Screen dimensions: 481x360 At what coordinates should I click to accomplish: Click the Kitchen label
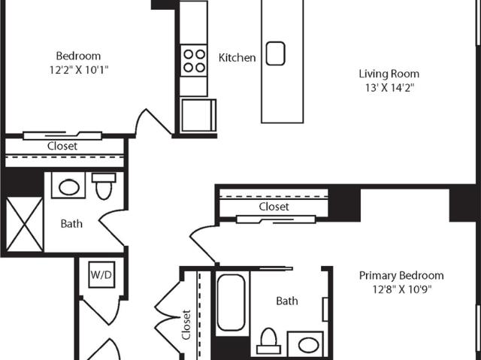tap(237, 58)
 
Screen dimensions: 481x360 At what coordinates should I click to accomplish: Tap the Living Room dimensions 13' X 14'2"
tap(389, 88)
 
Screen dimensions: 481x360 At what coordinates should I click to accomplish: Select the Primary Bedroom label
tap(401, 276)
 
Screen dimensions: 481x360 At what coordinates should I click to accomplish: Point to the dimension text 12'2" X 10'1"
tap(79, 70)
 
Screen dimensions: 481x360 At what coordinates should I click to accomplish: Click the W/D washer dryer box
tap(102, 275)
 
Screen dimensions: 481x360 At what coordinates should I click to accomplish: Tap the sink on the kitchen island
tap(275, 53)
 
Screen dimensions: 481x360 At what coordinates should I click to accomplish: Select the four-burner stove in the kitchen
tap(194, 60)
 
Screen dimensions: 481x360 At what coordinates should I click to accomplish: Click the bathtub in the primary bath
tap(231, 303)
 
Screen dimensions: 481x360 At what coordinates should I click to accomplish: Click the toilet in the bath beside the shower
tap(104, 186)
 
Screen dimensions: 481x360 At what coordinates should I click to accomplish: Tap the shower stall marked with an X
tap(25, 224)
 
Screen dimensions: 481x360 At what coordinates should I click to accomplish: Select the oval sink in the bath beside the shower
tap(69, 187)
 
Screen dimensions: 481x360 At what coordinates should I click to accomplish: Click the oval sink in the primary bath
tap(308, 345)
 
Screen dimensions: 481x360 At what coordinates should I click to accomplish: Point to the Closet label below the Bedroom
tap(62, 146)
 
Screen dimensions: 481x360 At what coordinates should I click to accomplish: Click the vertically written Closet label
tap(186, 325)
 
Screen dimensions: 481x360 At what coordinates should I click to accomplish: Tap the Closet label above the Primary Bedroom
tap(274, 207)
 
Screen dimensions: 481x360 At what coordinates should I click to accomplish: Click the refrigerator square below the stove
tap(198, 115)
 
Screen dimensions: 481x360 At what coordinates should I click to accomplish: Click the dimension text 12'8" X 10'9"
tap(402, 289)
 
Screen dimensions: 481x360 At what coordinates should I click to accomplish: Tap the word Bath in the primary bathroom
tap(287, 301)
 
